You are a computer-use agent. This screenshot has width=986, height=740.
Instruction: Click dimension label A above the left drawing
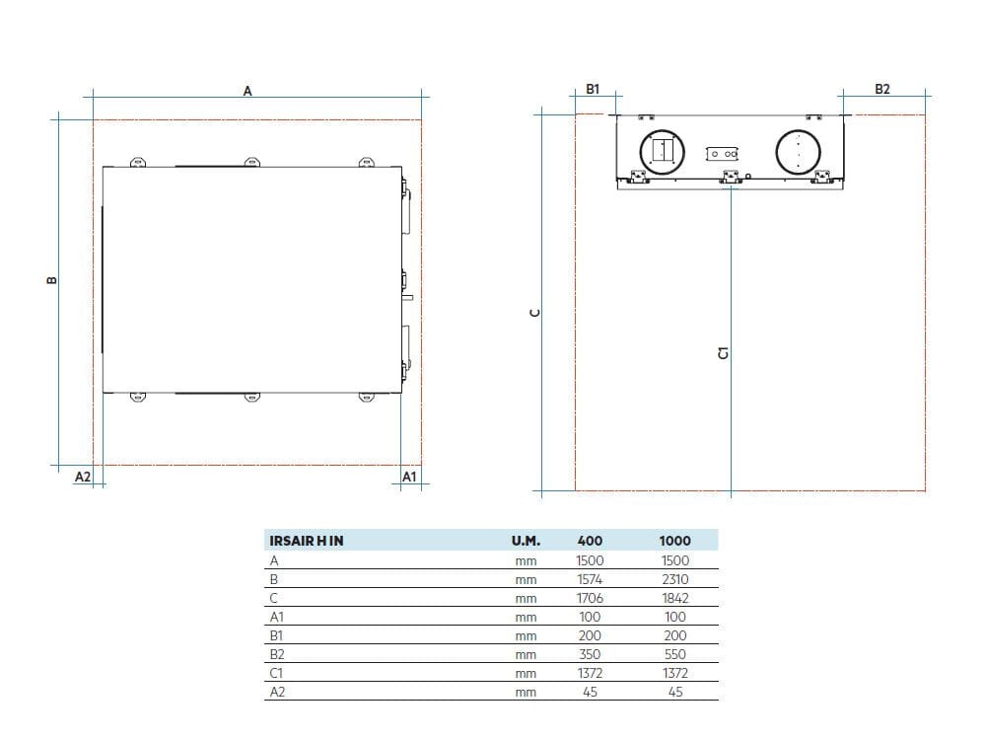247,91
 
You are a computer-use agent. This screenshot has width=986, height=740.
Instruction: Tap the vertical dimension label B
52,280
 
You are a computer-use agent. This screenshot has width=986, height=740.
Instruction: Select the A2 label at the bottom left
83,477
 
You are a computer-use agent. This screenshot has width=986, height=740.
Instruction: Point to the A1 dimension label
409,477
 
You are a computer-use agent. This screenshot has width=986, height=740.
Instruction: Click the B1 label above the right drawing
593,90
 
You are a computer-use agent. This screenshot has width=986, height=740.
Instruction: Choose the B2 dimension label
882,90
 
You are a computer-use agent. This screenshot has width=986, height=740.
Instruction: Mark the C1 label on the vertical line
723,353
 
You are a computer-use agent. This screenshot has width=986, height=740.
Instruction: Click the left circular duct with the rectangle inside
663,152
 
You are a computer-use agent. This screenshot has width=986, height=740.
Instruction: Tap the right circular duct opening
798,152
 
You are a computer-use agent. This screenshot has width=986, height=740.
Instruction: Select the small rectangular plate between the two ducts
722,154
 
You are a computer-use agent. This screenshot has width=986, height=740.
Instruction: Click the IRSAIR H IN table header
307,541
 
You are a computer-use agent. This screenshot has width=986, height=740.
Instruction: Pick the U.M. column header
526,541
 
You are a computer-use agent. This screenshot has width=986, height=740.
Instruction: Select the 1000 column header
674,541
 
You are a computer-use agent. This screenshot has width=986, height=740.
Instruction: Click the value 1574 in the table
590,579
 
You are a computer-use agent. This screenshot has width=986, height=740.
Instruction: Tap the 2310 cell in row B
674,579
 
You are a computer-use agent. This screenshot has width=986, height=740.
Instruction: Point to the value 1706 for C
590,599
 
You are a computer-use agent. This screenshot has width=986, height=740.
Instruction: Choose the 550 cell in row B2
674,654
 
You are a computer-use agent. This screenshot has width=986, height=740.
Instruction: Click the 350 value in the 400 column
590,654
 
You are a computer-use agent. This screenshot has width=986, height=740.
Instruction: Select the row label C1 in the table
276,673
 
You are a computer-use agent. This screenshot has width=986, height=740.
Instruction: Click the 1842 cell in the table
674,599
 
